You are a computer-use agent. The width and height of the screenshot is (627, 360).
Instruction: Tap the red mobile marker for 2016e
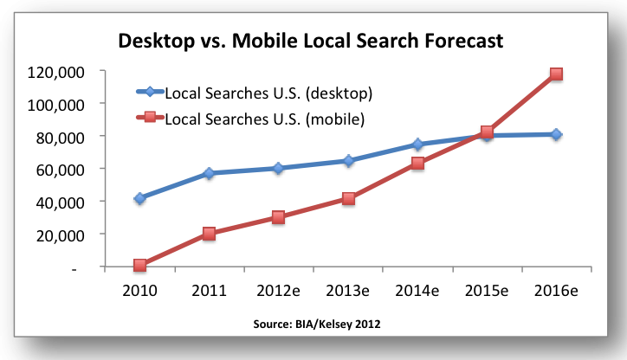556,74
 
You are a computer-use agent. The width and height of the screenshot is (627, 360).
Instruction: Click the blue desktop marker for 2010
140,198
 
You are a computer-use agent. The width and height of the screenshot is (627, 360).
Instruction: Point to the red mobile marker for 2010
140,265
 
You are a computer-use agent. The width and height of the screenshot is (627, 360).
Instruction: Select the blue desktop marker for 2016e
556,134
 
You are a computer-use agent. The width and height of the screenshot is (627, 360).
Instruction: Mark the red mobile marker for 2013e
348,198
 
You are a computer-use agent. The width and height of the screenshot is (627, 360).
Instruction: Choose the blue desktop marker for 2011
210,173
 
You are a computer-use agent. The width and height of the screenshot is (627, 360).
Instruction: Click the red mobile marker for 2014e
417,163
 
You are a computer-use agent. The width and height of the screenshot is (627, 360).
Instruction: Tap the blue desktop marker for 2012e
279,168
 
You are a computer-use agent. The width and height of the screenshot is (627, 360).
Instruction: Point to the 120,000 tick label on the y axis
53,71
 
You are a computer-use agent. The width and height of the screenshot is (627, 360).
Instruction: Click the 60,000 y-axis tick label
56,169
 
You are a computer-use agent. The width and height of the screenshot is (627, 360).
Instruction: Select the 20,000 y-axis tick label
56,235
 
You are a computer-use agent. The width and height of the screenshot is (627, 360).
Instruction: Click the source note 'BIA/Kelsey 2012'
314,324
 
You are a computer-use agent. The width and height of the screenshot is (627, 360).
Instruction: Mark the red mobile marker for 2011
210,233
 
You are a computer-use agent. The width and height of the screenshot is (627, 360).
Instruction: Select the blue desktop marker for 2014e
417,145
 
